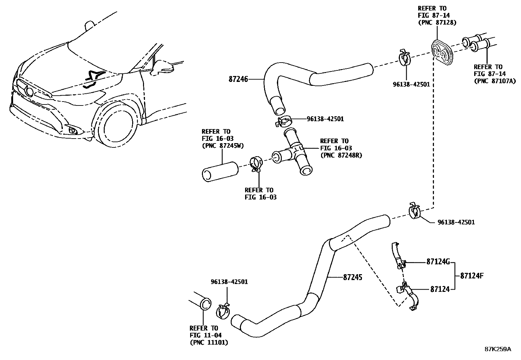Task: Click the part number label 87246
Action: pyautogui.click(x=239, y=79)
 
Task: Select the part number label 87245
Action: pyautogui.click(x=352, y=277)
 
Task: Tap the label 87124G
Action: pyautogui.click(x=438, y=261)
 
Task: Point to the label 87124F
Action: pyautogui.click(x=472, y=275)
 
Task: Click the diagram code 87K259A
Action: pyautogui.click(x=497, y=349)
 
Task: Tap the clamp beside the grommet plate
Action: pyautogui.click(x=405, y=57)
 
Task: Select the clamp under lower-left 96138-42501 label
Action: pyautogui.click(x=224, y=310)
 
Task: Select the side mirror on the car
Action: pyautogui.click(x=163, y=66)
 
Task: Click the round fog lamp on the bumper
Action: pyautogui.click(x=73, y=131)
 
